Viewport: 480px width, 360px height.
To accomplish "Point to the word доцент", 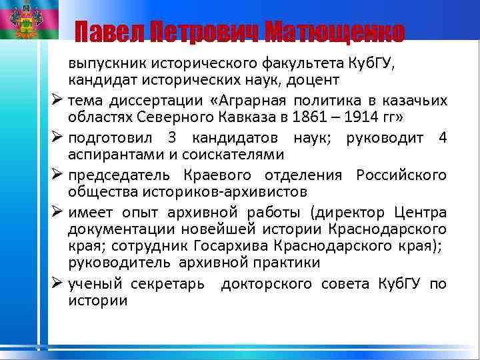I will pos(317,80).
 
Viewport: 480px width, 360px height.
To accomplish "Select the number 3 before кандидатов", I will pos(173,138).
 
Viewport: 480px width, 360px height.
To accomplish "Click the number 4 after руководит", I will pos(442,138).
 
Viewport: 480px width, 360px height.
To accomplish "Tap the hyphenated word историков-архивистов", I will pos(187,193).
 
